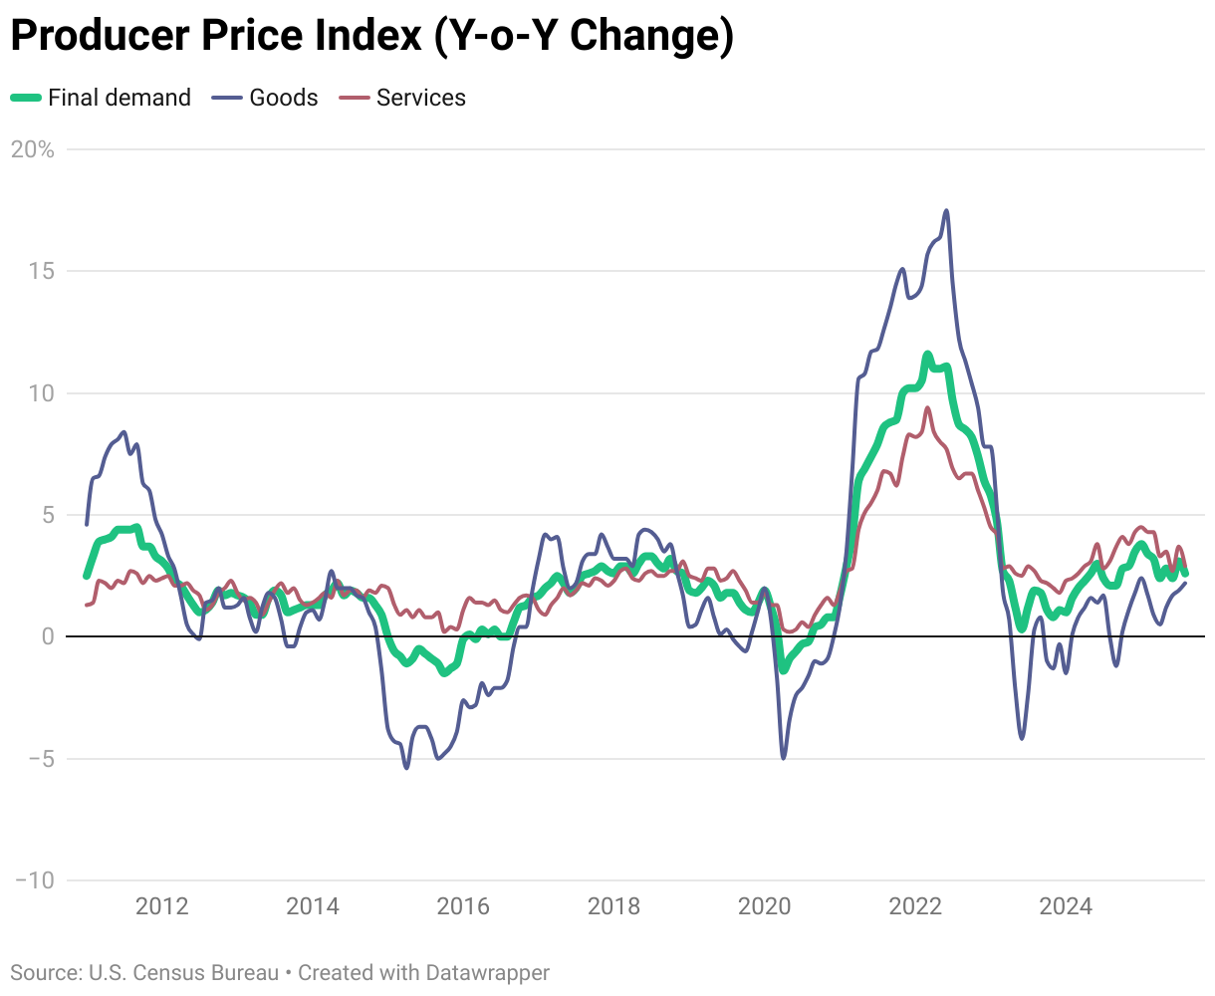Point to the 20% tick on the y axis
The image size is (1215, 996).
tap(33, 149)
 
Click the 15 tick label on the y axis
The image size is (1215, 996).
tap(41, 271)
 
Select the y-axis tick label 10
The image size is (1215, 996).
tap(41, 393)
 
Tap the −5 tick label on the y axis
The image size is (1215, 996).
tap(37, 759)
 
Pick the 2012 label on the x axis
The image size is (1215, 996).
tap(161, 906)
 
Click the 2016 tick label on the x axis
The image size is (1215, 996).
tap(463, 906)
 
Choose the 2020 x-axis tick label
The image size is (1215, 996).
tap(764, 906)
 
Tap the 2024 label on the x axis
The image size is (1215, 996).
tap(1066, 906)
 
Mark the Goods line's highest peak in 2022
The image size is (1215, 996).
tap(946, 210)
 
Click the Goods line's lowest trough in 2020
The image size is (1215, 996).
tap(783, 758)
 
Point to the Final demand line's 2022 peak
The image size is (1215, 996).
tap(927, 354)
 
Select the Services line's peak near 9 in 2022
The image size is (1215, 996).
tap(927, 407)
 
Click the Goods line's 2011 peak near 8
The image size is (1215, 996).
tap(123, 432)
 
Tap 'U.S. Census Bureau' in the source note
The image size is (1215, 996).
tap(184, 972)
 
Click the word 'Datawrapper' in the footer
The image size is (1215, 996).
tap(487, 972)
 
